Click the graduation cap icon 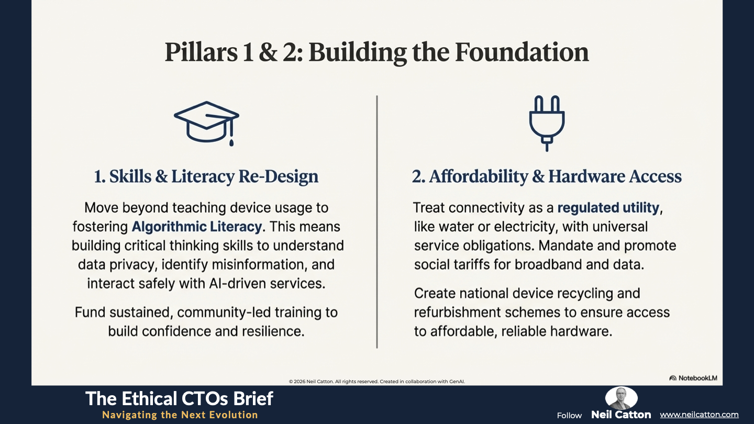tap(206, 123)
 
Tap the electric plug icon tap(547, 123)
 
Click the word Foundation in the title tap(522, 52)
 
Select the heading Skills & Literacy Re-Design tap(206, 176)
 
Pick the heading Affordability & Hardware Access tap(547, 176)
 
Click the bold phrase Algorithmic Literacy tap(196, 227)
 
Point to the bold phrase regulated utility tap(608, 208)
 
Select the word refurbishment tap(457, 313)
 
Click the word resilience tap(268, 331)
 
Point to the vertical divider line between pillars tap(377, 222)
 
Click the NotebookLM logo tap(693, 378)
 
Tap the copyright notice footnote tap(376, 382)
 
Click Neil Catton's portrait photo tap(621, 398)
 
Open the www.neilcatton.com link tap(699, 415)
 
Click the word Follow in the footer tap(569, 416)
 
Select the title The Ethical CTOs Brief tap(179, 399)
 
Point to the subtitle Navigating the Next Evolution tap(180, 415)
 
